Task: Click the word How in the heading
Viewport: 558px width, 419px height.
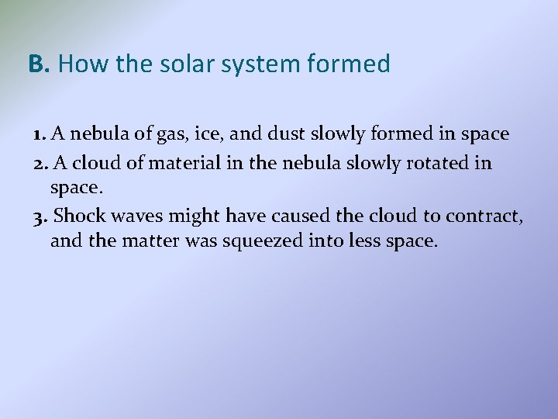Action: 76,64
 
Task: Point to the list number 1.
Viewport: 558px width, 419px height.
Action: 40,134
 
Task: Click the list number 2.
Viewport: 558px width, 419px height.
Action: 40,163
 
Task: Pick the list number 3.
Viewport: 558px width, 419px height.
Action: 41,216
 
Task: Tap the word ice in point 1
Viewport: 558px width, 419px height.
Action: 211,134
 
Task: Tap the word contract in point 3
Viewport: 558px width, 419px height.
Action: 491,216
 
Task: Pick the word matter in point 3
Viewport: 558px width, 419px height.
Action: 152,241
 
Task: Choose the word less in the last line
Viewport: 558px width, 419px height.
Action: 359,241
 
